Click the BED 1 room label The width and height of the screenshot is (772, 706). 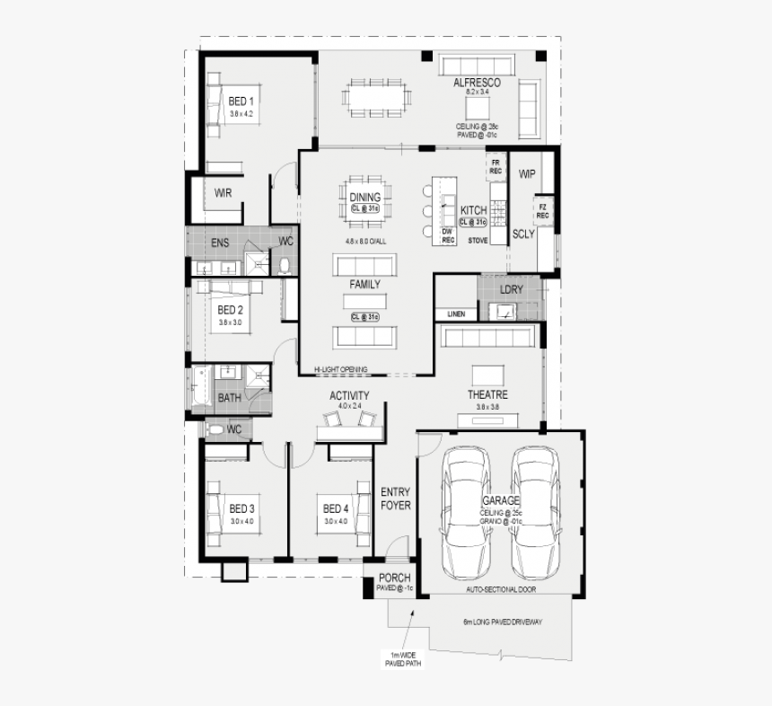click(x=241, y=101)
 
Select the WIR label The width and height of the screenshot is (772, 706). click(x=223, y=192)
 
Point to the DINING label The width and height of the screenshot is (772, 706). click(x=364, y=198)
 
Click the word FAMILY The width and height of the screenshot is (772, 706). click(x=364, y=285)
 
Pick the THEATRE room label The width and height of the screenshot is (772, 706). click(x=487, y=395)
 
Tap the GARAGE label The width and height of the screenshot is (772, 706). click(x=500, y=500)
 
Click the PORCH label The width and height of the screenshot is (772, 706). click(x=394, y=578)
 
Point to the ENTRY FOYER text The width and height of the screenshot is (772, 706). click(x=395, y=499)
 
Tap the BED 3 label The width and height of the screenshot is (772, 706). click(x=241, y=509)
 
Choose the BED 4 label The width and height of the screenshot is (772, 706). click(x=336, y=509)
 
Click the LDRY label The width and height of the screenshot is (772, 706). click(x=511, y=289)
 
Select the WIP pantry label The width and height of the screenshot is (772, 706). click(x=527, y=174)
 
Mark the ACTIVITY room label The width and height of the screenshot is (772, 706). click(x=349, y=395)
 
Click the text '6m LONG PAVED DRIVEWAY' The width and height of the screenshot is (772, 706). click(x=503, y=622)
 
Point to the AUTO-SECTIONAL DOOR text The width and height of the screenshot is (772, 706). click(x=501, y=590)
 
